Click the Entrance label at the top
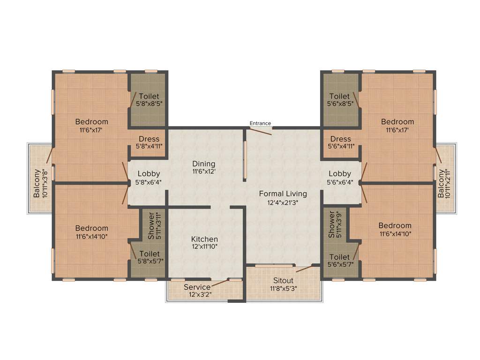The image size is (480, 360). pyautogui.click(x=260, y=123)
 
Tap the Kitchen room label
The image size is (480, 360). pyautogui.click(x=204, y=239)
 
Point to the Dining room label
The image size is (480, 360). pyautogui.click(x=203, y=164)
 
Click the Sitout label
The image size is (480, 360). pyautogui.click(x=283, y=280)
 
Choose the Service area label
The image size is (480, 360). pyautogui.click(x=197, y=287)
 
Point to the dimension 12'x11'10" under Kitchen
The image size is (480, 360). pyautogui.click(x=204, y=247)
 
